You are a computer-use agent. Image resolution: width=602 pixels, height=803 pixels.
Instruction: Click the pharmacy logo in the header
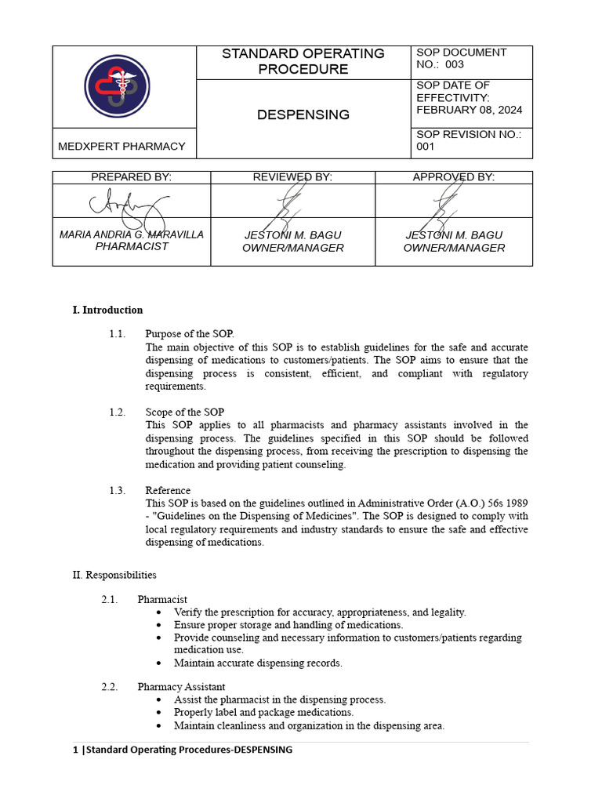[x=118, y=86]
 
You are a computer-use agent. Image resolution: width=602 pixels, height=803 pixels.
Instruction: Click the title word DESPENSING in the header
[x=303, y=115]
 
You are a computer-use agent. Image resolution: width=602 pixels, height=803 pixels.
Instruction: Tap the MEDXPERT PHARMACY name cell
[x=122, y=146]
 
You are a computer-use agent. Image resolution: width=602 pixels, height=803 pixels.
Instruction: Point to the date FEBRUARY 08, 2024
[x=469, y=110]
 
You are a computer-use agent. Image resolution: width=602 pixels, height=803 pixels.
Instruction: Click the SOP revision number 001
[x=426, y=147]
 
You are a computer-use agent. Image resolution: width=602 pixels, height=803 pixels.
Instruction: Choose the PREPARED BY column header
[x=131, y=177]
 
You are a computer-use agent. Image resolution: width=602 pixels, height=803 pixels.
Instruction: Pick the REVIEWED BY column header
[x=292, y=177]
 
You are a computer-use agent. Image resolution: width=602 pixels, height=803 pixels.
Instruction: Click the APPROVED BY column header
[x=453, y=177]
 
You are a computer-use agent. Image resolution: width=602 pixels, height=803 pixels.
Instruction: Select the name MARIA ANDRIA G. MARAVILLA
[x=132, y=234]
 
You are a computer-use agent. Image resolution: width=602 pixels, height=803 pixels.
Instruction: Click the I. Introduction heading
[x=108, y=310]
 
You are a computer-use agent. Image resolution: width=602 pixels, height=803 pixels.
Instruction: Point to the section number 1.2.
[x=117, y=412]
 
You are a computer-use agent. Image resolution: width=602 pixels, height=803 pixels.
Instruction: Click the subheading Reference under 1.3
[x=168, y=491]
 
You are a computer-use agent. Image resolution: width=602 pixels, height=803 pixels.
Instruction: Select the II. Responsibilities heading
[x=114, y=575]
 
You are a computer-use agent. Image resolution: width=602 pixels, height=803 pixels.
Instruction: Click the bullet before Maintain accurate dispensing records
[x=160, y=663]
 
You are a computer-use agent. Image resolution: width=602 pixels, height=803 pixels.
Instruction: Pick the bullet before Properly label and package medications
[x=160, y=713]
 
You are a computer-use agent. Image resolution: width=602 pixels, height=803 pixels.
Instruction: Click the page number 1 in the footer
[x=75, y=750]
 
